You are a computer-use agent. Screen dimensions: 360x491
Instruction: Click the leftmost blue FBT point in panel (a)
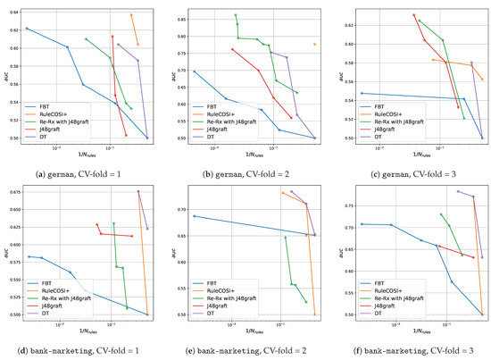[27, 29]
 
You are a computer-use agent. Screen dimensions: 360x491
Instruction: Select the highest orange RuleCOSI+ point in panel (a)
[131, 15]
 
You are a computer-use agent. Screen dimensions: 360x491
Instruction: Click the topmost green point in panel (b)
[235, 15]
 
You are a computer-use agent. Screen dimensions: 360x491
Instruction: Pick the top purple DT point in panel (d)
[138, 191]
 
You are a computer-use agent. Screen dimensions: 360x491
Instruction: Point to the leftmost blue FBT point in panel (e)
[194, 216]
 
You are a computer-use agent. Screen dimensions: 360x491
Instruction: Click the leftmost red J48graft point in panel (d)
[97, 224]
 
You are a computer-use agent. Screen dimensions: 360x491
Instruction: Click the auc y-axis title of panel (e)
[172, 250]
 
